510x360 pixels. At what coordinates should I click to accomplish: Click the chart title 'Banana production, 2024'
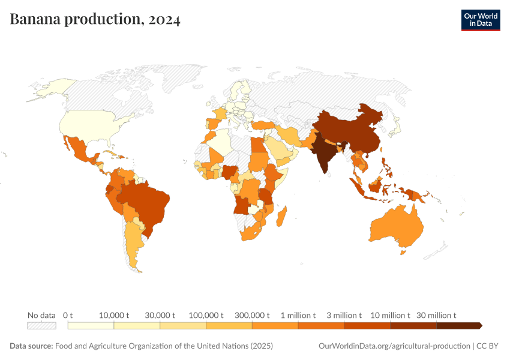coord(95,20)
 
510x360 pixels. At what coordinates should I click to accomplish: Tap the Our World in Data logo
coord(480,20)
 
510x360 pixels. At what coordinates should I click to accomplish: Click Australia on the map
coord(396,228)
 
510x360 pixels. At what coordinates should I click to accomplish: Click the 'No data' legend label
coord(41,315)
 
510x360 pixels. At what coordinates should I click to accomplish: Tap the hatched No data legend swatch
coord(41,325)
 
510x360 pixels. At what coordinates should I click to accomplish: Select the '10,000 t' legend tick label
coord(114,315)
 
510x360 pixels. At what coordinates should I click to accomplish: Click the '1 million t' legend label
coord(298,315)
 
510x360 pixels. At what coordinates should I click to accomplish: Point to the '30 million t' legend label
coord(437,315)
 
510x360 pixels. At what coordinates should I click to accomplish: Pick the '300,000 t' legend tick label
coord(252,315)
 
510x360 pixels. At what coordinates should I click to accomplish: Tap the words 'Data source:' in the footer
coord(31,346)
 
